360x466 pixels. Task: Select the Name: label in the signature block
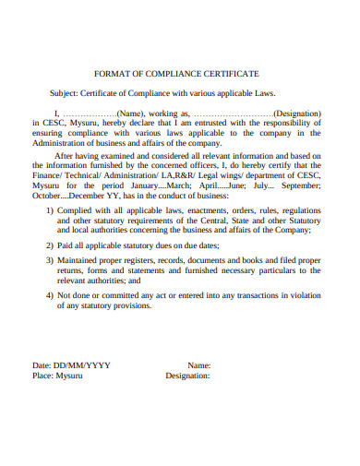[x=198, y=366]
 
